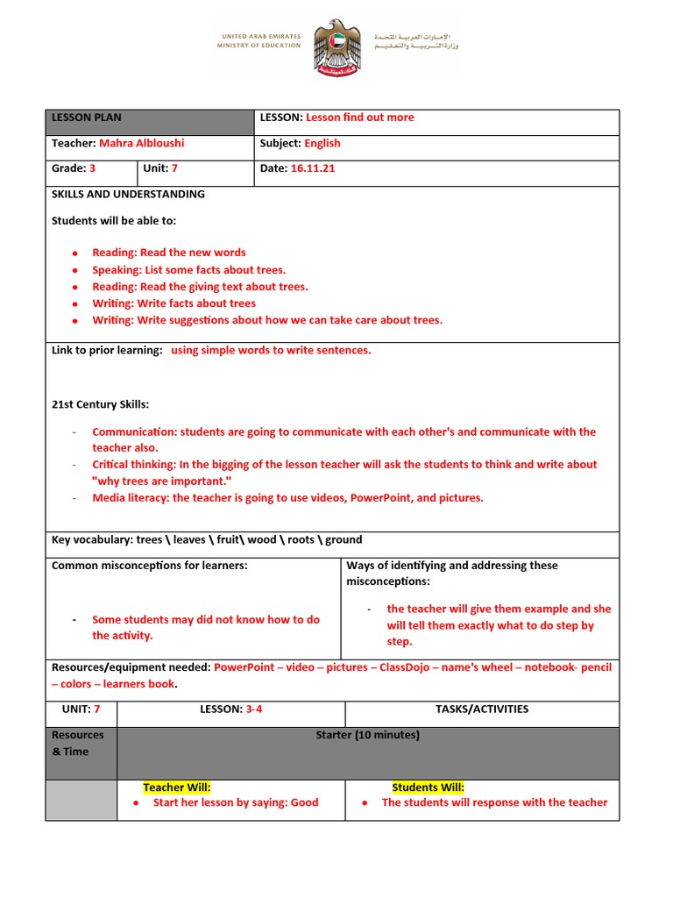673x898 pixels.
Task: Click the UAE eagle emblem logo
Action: click(x=337, y=48)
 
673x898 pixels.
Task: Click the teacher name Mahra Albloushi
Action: click(x=141, y=143)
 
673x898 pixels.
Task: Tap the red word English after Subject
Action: click(x=322, y=143)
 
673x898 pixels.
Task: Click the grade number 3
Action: click(x=92, y=168)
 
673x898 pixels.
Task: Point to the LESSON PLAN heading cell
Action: click(x=87, y=118)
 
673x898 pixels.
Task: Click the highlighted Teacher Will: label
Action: click(x=177, y=788)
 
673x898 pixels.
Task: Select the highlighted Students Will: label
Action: click(x=428, y=788)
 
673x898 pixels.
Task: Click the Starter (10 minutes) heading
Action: click(x=367, y=735)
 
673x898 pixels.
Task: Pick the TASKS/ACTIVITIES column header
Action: click(x=482, y=709)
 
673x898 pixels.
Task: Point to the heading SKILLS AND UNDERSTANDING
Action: click(x=128, y=194)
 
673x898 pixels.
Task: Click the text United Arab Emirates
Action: click(x=259, y=37)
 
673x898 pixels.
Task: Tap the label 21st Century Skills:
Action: click(x=101, y=404)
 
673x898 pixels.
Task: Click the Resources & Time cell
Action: click(x=78, y=743)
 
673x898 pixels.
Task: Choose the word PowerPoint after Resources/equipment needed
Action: click(x=245, y=667)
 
